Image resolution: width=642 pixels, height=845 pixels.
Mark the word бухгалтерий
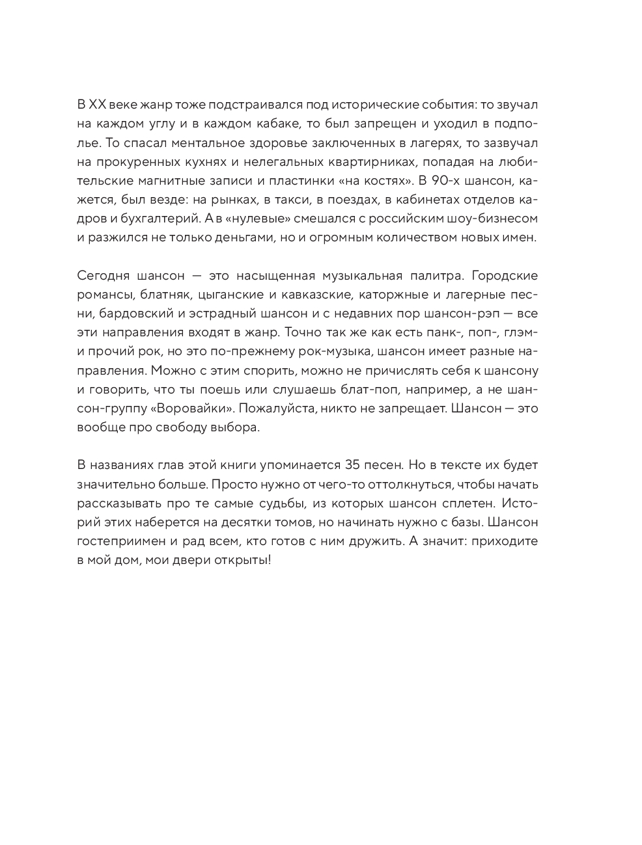[x=149, y=218]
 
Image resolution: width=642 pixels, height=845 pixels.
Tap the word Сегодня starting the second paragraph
[x=100, y=275]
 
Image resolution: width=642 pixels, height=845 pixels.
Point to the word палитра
[x=428, y=275]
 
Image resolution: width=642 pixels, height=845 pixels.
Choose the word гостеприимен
[x=117, y=541]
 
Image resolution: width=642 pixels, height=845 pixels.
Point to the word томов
[x=365, y=522]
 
